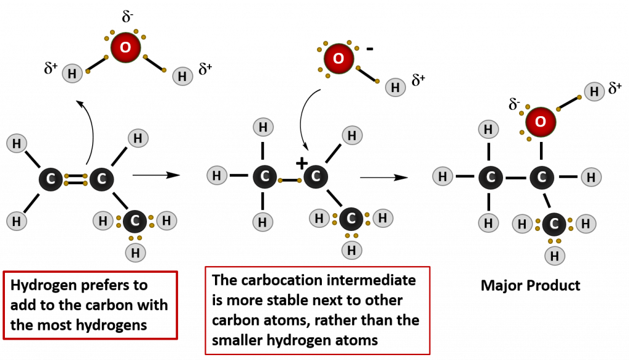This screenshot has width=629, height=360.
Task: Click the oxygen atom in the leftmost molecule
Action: coord(125,47)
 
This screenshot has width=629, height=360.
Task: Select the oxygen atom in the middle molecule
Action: coord(338,58)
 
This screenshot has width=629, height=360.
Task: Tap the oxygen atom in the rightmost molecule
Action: coord(541,122)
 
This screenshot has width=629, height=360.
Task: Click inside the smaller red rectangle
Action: coord(90,305)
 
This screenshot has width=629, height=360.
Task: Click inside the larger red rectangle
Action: coord(317,310)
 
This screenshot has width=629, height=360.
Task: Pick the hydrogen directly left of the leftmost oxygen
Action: coord(72,74)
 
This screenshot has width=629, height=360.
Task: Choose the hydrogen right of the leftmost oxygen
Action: coord(182,76)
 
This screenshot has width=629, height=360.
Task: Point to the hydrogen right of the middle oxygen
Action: coord(395,87)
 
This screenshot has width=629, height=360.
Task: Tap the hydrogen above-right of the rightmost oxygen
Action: coord(594,92)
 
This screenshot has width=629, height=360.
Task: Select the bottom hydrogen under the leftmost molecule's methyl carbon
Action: coord(135,252)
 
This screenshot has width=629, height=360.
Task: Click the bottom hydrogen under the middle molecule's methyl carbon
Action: coord(351,250)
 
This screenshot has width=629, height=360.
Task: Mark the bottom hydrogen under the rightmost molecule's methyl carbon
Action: coord(555,256)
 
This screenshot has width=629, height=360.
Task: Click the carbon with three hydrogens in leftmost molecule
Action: coord(135,221)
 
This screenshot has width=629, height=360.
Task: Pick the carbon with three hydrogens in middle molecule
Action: coord(351,219)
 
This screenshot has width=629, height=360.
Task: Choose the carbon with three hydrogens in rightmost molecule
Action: coord(554,224)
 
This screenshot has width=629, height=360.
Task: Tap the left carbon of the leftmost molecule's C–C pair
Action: coord(50,179)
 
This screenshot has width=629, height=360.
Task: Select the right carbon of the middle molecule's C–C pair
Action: coord(316,176)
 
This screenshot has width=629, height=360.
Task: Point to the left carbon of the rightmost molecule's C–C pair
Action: coord(491,178)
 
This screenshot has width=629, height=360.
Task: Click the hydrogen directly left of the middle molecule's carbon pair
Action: coord(217,176)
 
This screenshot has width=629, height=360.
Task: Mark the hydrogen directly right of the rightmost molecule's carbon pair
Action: coord(591,178)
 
